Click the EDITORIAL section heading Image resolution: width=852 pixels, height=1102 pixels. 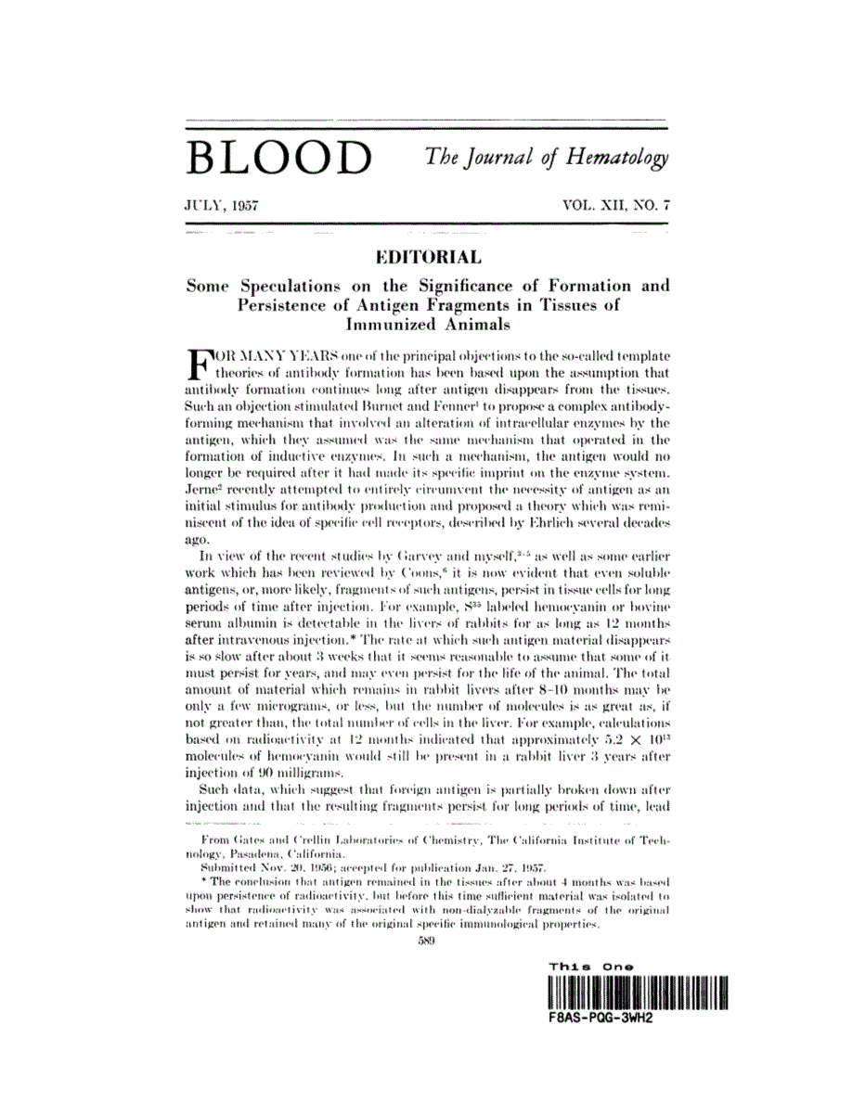426,256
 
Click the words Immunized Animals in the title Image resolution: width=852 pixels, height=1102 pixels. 427,325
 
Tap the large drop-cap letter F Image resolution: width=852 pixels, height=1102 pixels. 196,364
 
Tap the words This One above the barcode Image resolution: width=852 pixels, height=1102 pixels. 591,967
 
